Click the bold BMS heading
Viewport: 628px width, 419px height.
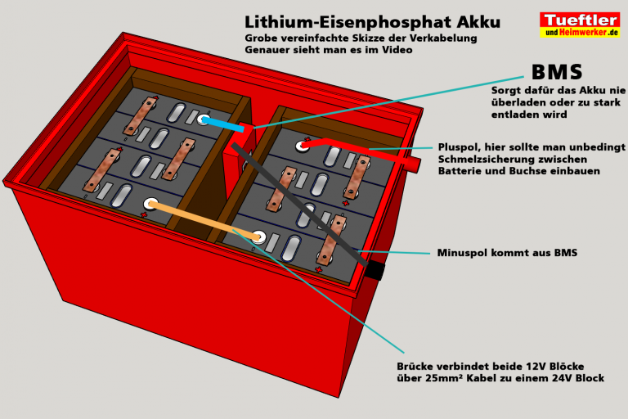coord(557,73)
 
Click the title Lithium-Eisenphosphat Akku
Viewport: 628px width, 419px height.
coord(372,21)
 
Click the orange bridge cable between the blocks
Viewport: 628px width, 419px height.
coord(204,220)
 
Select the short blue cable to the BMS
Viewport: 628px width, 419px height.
coord(226,124)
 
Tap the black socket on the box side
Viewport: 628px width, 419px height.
coord(375,269)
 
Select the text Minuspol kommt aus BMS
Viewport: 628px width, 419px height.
coord(507,253)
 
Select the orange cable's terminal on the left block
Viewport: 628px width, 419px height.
coord(150,202)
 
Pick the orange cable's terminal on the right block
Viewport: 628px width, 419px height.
coord(258,237)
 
